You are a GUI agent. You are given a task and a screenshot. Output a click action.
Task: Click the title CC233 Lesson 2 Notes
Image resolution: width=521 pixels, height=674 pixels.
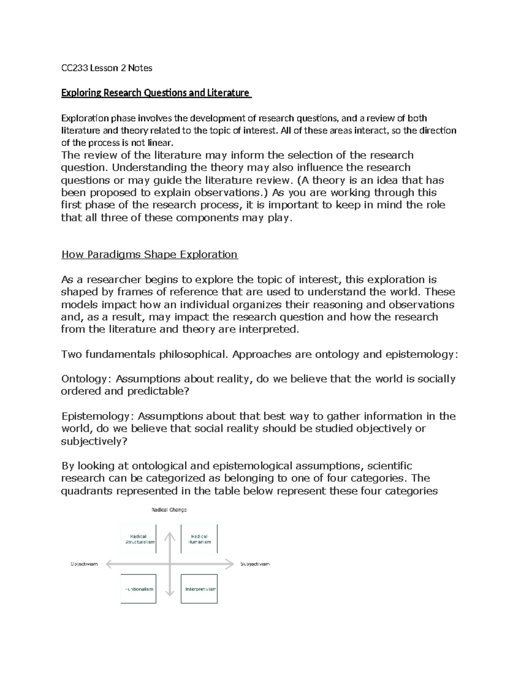click(x=106, y=68)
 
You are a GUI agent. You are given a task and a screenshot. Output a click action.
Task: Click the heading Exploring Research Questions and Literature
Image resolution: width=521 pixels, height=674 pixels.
click(x=155, y=93)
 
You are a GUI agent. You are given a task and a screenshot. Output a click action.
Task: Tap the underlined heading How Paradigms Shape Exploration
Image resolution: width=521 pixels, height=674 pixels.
click(x=149, y=254)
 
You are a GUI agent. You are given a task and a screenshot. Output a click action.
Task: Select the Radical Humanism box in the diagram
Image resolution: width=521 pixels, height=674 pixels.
click(x=199, y=539)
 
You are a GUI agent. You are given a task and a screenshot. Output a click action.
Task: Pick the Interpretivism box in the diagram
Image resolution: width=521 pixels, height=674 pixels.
click(x=199, y=589)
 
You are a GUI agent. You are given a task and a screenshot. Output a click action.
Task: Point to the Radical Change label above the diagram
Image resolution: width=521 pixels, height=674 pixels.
click(x=169, y=510)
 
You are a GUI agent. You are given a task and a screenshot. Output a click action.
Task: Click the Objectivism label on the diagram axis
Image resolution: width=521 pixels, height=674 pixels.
click(x=84, y=564)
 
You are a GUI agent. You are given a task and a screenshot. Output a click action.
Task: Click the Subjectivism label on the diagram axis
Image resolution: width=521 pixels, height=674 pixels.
click(x=255, y=564)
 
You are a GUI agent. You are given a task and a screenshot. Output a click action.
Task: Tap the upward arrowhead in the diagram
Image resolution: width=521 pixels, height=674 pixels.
click(x=169, y=536)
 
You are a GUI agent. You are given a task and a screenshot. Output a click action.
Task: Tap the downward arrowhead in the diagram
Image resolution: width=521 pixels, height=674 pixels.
click(x=169, y=593)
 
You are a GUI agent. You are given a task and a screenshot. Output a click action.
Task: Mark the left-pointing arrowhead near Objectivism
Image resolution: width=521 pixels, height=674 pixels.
click(x=109, y=564)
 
